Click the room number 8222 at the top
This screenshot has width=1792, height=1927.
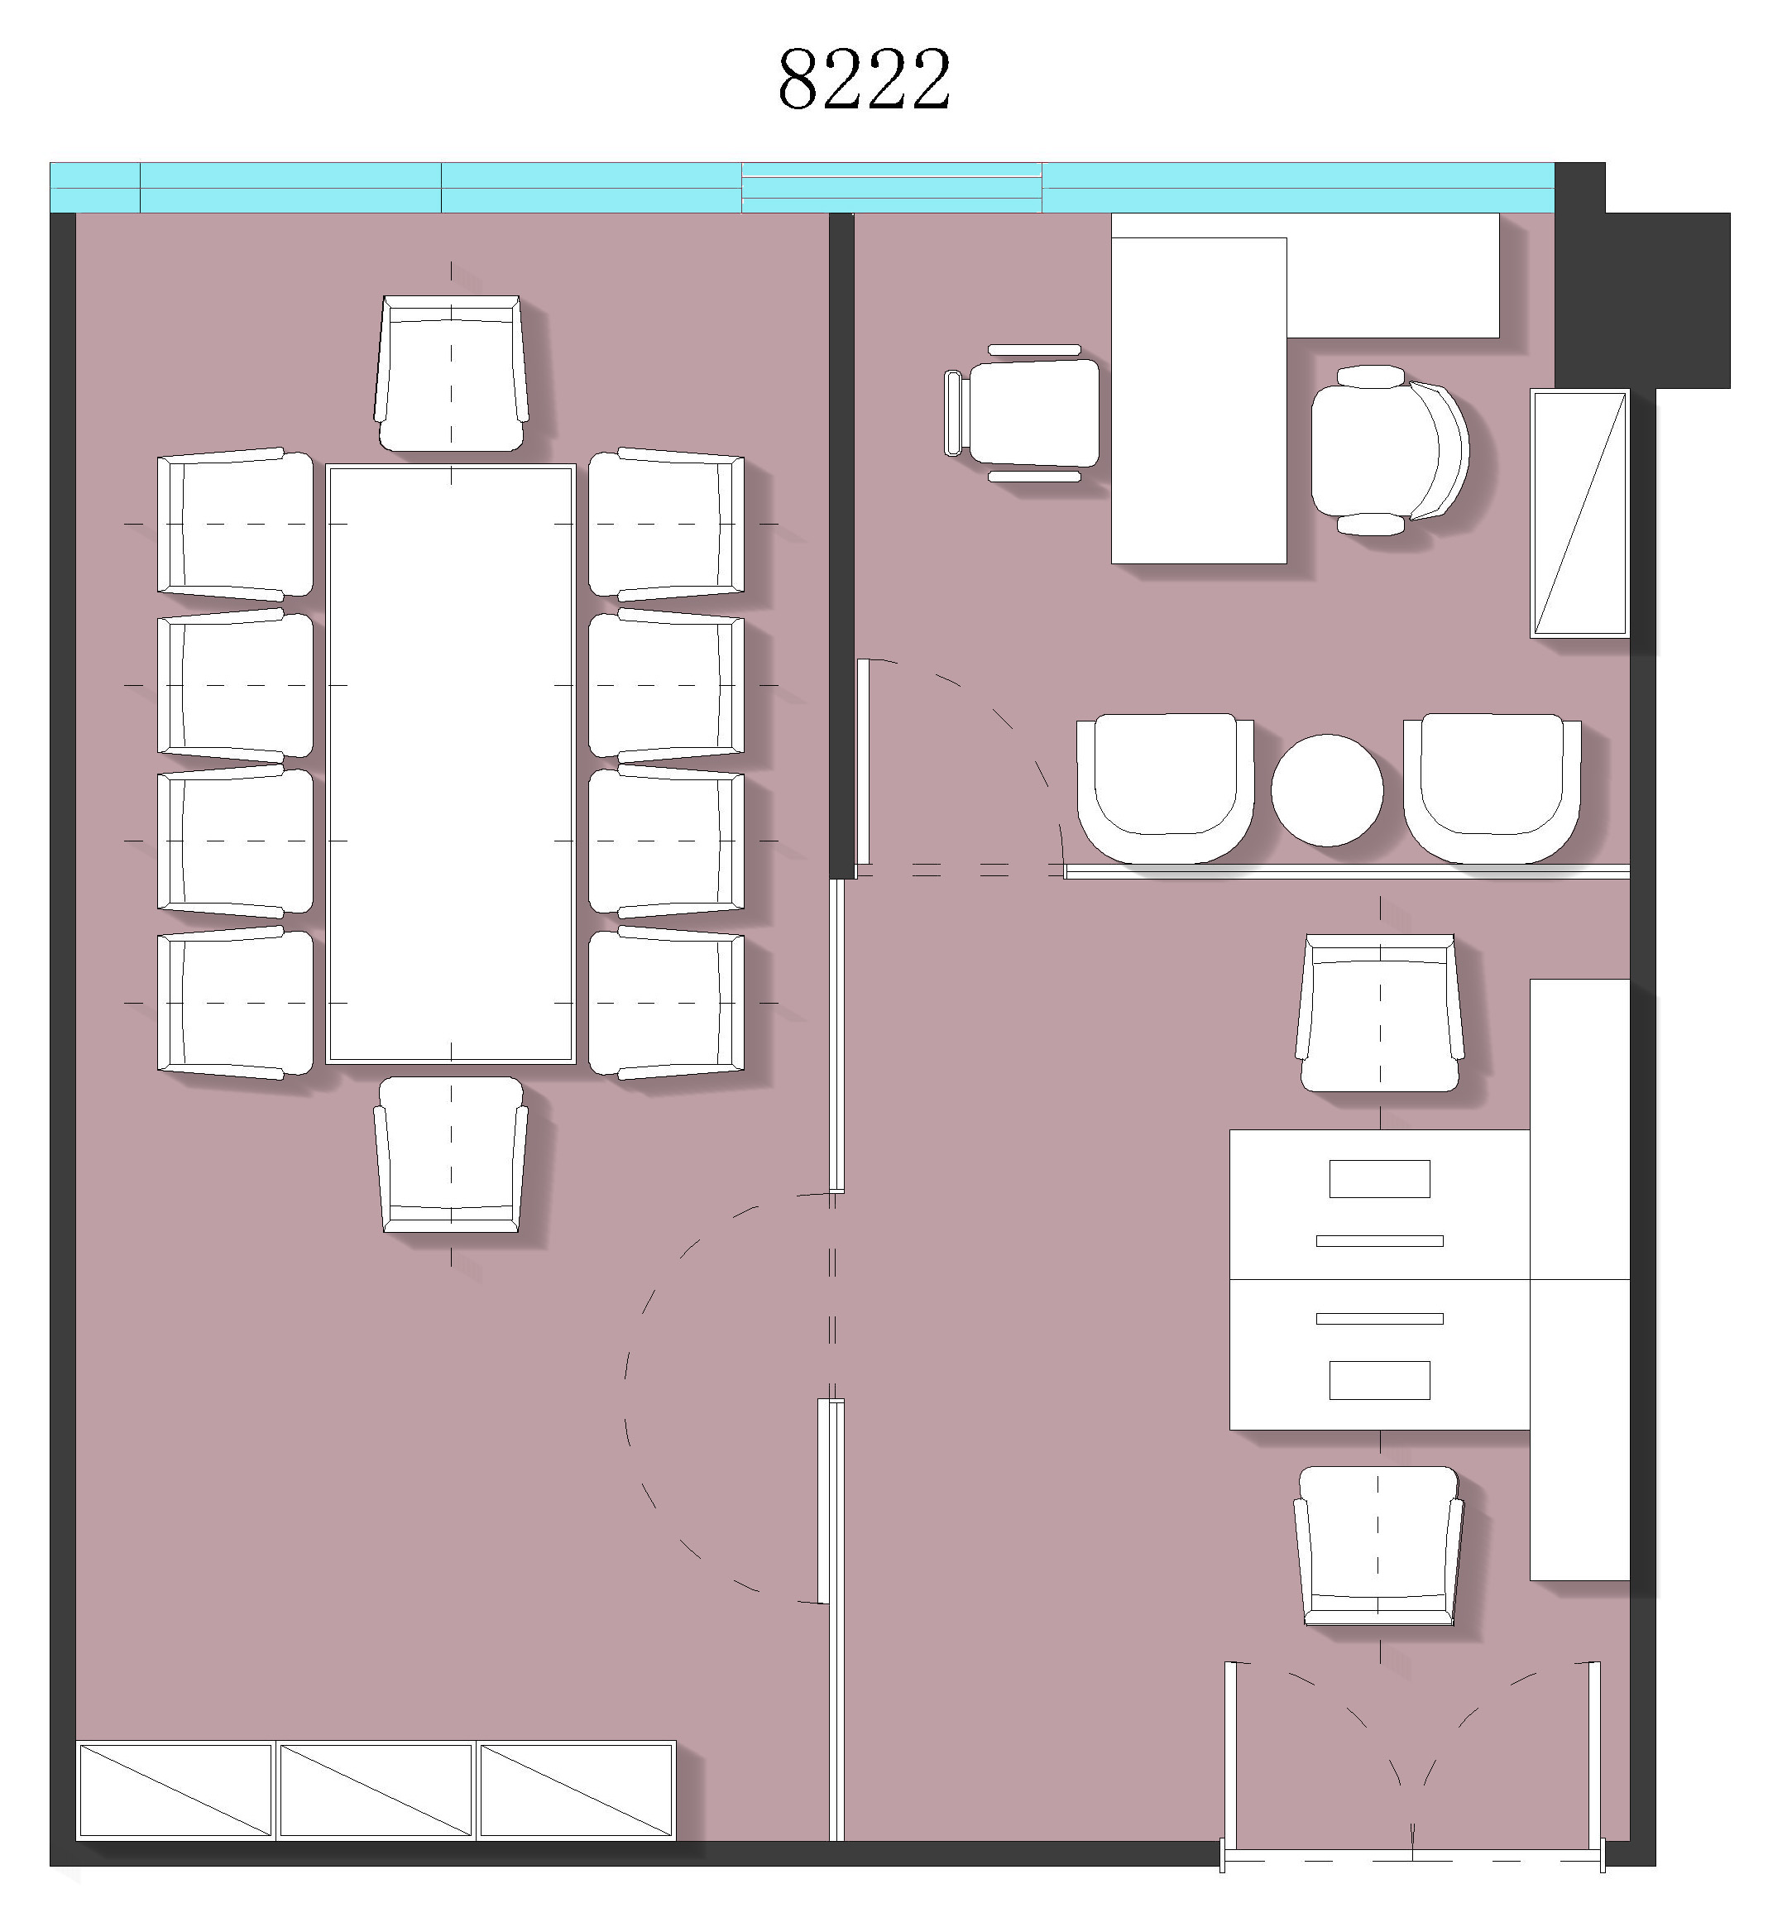coord(864,79)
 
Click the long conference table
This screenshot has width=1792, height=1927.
coord(451,764)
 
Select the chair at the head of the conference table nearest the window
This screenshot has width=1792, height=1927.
coord(452,373)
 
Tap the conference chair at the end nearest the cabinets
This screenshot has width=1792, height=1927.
coord(452,1153)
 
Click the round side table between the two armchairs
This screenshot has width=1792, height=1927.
coord(1327,790)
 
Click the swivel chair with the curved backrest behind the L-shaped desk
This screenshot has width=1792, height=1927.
coord(1390,450)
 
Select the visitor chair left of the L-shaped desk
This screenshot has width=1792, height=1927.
coord(1023,413)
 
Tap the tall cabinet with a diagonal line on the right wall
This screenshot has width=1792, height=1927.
coord(1579,513)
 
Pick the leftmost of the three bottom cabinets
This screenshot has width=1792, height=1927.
coord(175,1790)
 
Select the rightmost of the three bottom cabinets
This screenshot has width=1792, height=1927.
coord(577,1790)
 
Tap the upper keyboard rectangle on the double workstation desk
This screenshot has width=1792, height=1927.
coord(1379,1179)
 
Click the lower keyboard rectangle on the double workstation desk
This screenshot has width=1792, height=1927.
coord(1379,1380)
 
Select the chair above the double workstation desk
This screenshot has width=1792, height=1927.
coord(1380,1013)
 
